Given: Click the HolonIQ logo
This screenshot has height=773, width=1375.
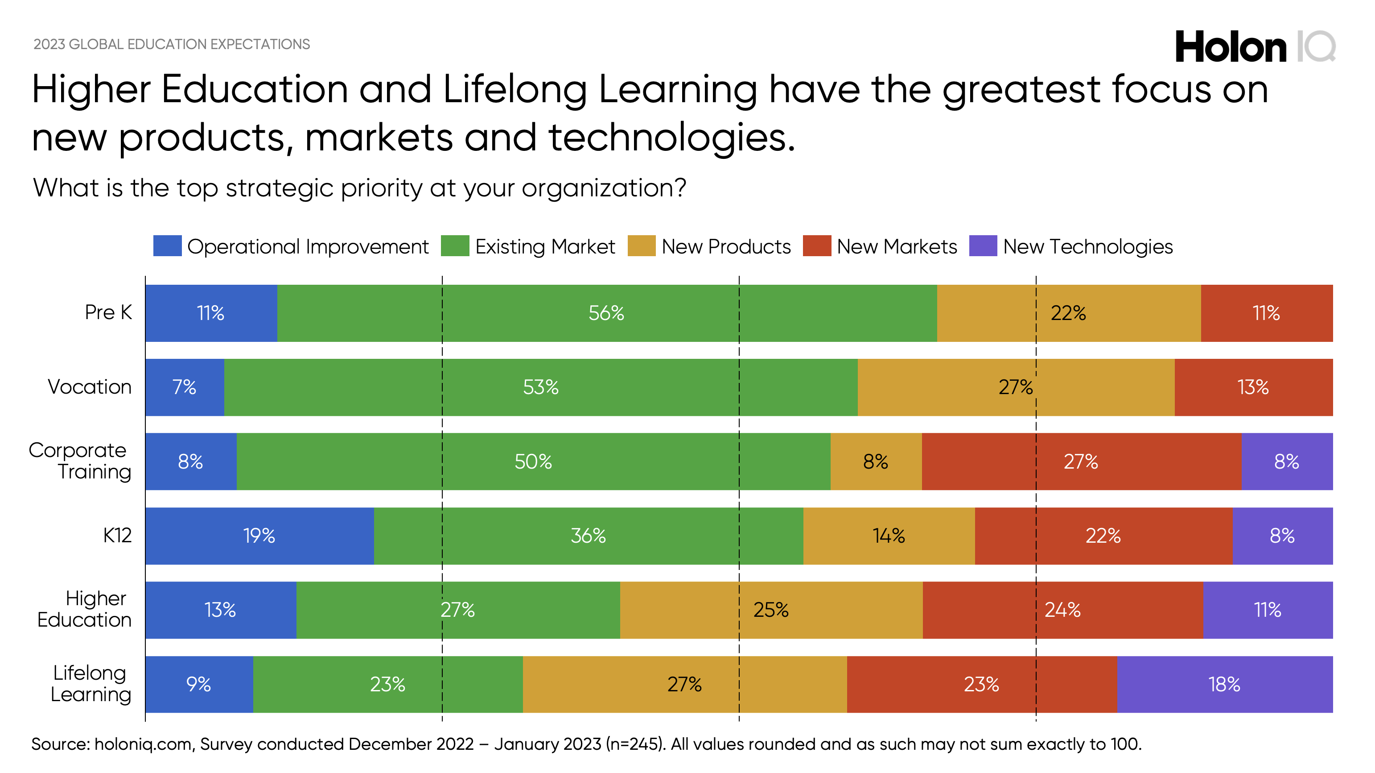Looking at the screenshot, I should pyautogui.click(x=1254, y=47).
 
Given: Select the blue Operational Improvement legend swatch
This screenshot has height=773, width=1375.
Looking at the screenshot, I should pyautogui.click(x=167, y=246).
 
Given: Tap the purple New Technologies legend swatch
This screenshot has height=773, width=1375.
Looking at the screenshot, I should pyautogui.click(x=983, y=246).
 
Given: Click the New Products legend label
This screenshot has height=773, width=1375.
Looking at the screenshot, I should pyautogui.click(x=726, y=247).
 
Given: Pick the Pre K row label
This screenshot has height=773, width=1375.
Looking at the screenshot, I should pyautogui.click(x=108, y=312).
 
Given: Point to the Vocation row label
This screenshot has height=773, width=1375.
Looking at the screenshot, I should pyautogui.click(x=90, y=387).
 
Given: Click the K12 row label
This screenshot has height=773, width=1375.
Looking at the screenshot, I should pyautogui.click(x=117, y=535).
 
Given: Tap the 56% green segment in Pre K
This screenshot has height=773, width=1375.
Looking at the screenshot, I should pyautogui.click(x=606, y=313).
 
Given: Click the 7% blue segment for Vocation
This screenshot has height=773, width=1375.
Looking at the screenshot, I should pyautogui.click(x=184, y=387).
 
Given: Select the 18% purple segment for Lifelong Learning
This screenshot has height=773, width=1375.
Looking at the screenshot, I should pyautogui.click(x=1224, y=684).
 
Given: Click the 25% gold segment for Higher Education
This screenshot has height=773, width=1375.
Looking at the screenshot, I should pyautogui.click(x=771, y=610).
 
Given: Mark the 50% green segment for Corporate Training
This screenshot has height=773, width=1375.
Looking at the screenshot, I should pyautogui.click(x=533, y=461).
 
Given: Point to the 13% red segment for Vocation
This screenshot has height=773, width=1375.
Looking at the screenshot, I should pyautogui.click(x=1253, y=387).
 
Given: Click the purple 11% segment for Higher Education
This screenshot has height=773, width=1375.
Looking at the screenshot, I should pyautogui.click(x=1267, y=610).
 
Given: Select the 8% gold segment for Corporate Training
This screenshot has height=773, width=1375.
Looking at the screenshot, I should pyautogui.click(x=875, y=461).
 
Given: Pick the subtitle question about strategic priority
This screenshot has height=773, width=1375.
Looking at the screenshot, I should pyautogui.click(x=359, y=188).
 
